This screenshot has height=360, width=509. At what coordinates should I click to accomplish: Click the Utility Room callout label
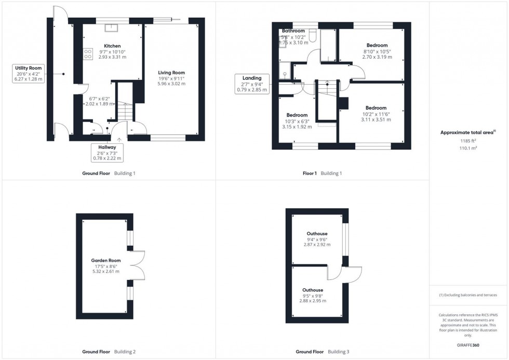click(29, 73)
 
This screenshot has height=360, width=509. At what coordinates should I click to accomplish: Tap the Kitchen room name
click(112, 46)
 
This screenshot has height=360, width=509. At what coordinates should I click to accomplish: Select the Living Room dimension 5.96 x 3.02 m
click(171, 83)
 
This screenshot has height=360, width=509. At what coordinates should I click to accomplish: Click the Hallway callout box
click(106, 152)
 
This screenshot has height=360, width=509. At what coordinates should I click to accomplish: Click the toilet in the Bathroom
click(312, 35)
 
